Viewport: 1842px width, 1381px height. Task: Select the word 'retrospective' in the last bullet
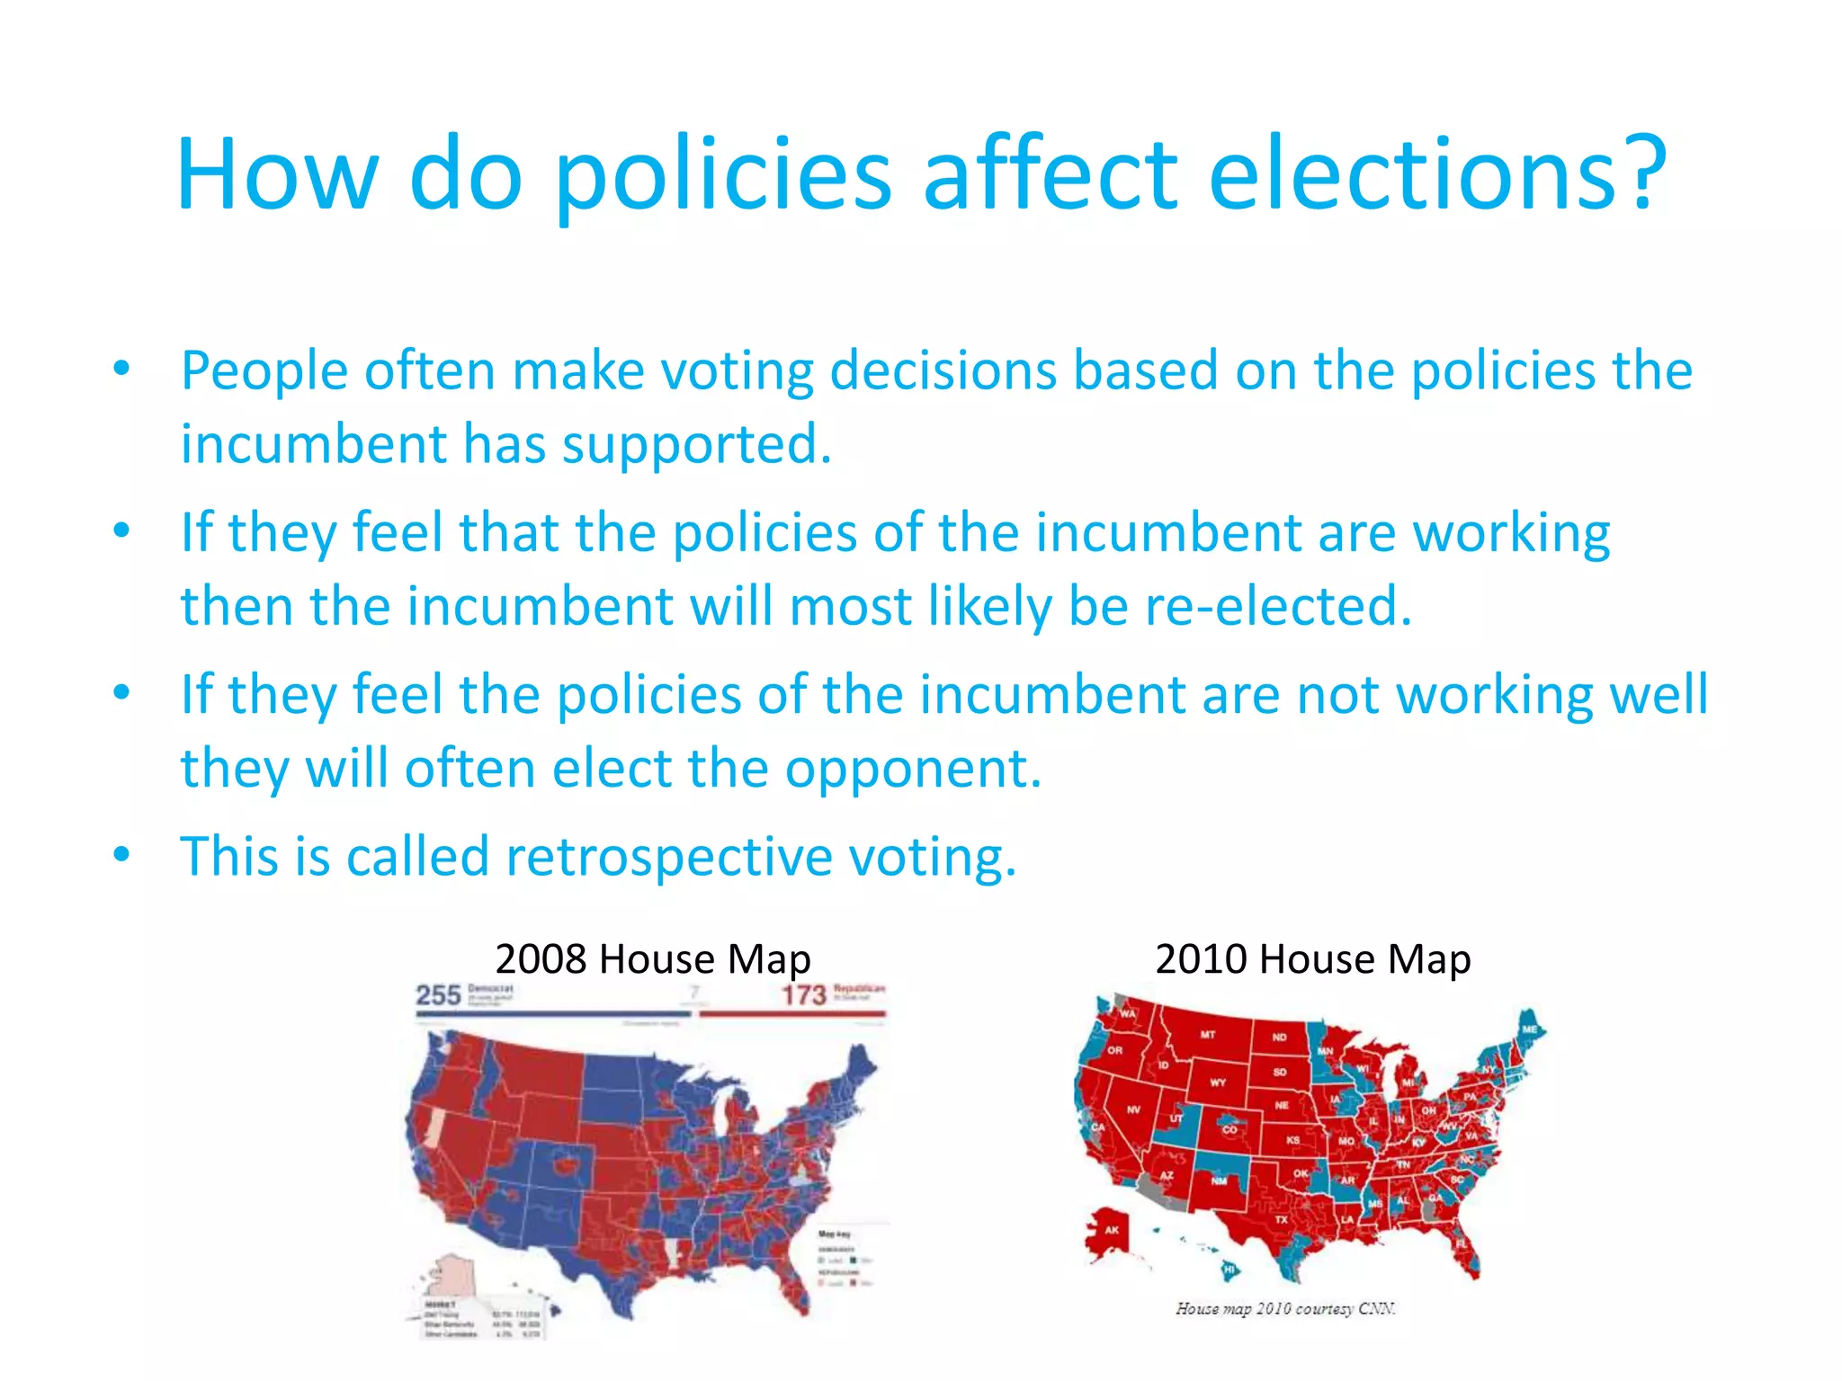(x=670, y=856)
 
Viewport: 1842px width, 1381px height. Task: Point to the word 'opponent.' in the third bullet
(x=914, y=769)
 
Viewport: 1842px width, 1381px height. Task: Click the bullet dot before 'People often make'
(x=122, y=370)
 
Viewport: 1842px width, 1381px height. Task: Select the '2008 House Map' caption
(x=653, y=958)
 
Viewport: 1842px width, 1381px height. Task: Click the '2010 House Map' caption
(x=1313, y=958)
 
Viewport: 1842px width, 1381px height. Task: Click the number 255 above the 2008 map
(x=438, y=995)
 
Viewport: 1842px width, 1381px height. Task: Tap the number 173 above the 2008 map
(x=803, y=995)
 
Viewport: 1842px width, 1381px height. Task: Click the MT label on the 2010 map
(x=1208, y=1035)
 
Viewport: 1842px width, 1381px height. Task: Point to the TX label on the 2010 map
(x=1281, y=1220)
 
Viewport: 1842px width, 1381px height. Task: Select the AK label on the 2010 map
(x=1112, y=1230)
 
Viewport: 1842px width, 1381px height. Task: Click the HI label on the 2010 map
(x=1229, y=1270)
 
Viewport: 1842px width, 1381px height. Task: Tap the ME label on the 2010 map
(x=1529, y=1029)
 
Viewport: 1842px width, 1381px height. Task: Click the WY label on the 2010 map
(x=1218, y=1083)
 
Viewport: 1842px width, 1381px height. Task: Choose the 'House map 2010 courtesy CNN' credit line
(x=1285, y=1309)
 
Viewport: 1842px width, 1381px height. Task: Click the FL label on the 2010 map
(x=1462, y=1243)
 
